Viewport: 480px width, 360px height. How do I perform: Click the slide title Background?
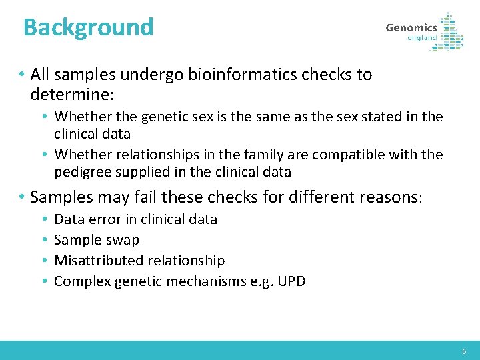[x=88, y=27]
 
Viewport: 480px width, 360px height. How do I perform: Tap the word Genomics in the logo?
[x=411, y=28]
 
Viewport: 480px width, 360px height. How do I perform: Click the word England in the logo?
[x=422, y=38]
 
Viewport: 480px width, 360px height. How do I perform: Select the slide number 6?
[x=465, y=351]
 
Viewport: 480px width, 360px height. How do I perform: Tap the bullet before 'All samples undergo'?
[x=22, y=75]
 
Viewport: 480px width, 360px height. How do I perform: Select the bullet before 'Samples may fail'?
[x=22, y=198]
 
